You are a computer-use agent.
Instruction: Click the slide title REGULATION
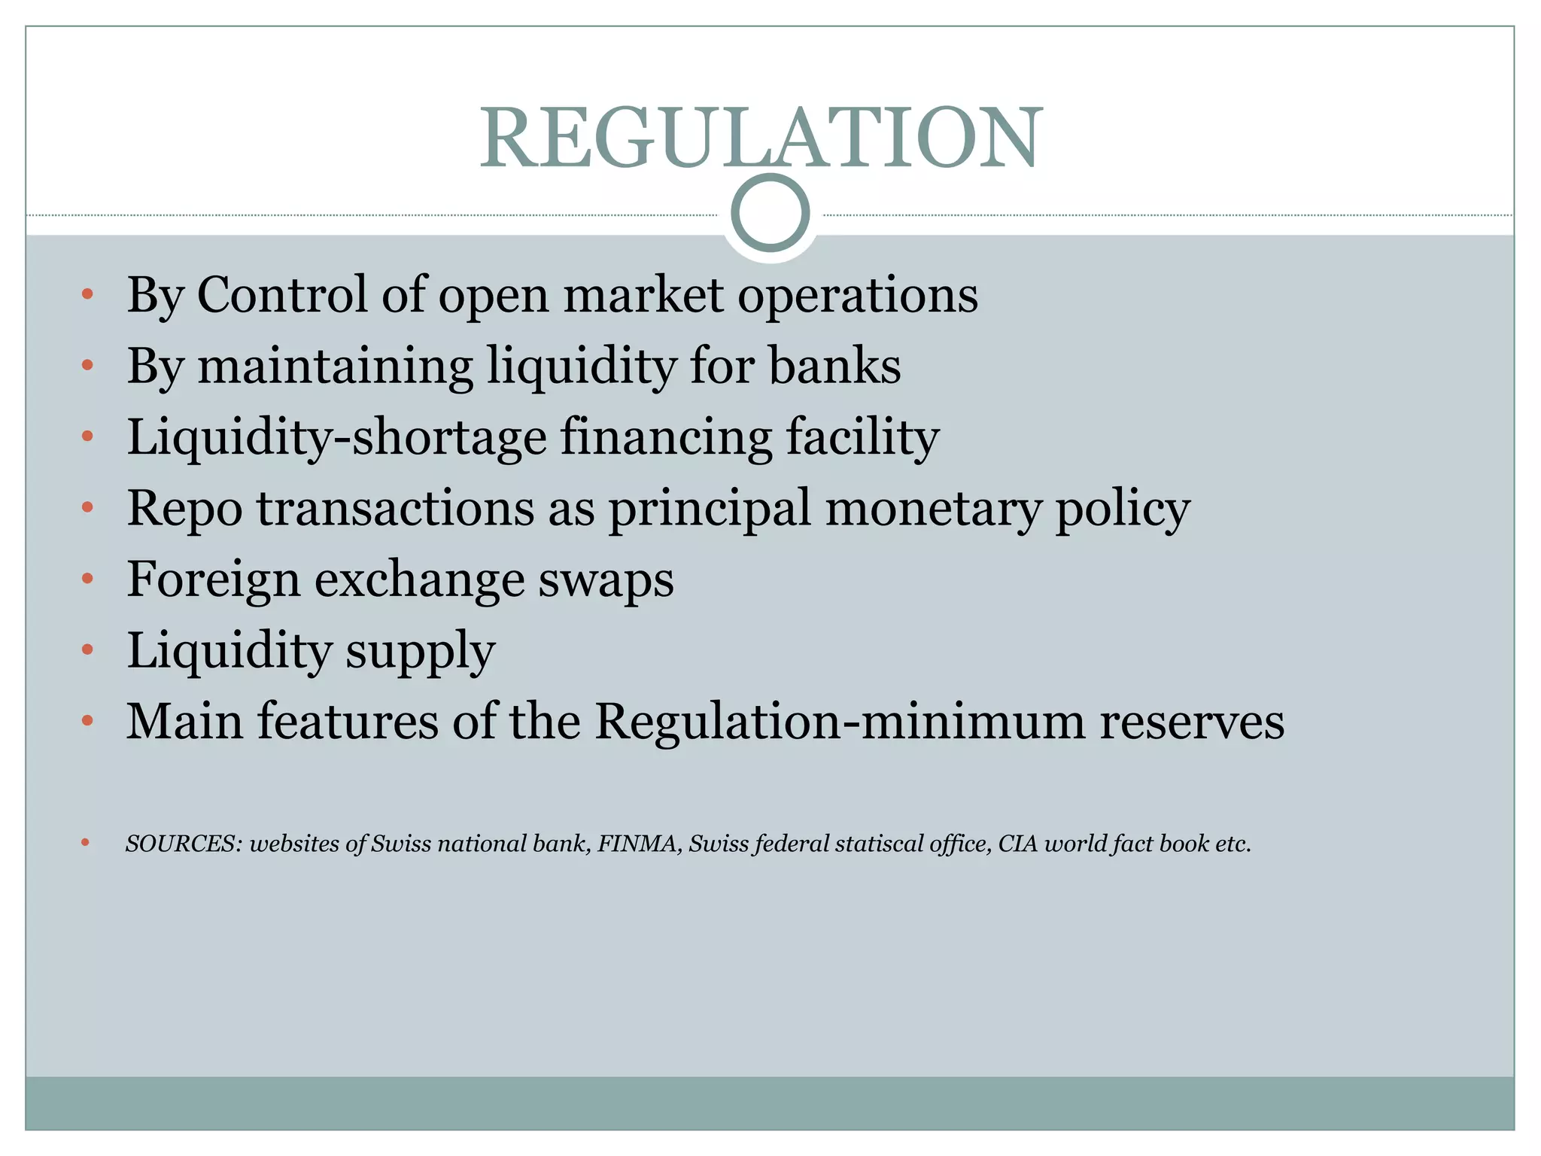click(x=761, y=138)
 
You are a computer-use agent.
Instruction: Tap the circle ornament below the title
click(x=770, y=213)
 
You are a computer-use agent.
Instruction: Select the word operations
click(x=857, y=296)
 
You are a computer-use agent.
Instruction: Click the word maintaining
click(x=335, y=367)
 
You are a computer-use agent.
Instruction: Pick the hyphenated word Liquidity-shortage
click(x=336, y=437)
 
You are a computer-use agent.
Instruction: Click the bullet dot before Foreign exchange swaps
click(x=87, y=579)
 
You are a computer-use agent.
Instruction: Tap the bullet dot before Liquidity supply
click(x=87, y=649)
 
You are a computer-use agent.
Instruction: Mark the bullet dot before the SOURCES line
click(x=86, y=843)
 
